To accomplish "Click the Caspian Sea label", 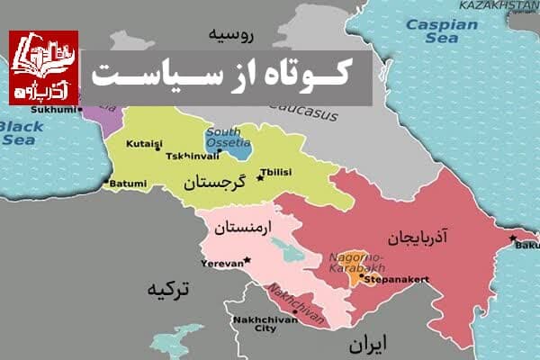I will [x=441, y=31].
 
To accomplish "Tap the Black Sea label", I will [x=20, y=133].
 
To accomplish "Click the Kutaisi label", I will [x=145, y=143].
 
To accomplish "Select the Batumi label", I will [x=129, y=184].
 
